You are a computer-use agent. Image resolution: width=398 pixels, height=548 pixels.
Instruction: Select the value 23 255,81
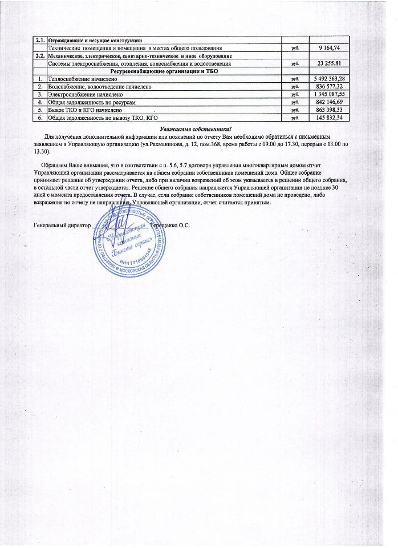pyautogui.click(x=329, y=63)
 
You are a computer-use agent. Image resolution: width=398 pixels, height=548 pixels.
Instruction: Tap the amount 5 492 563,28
pyautogui.click(x=326, y=78)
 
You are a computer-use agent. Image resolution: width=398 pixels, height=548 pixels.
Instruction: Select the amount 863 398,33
pyautogui.click(x=329, y=110)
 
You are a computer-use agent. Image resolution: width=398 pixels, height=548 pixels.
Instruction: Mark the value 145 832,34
pyautogui.click(x=329, y=118)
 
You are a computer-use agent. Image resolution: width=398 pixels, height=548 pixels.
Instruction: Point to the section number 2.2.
pyautogui.click(x=40, y=55)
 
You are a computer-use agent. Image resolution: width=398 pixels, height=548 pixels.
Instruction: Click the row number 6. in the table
pyautogui.click(x=40, y=118)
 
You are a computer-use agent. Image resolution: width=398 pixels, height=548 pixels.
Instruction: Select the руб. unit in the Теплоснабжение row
pyautogui.click(x=295, y=78)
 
